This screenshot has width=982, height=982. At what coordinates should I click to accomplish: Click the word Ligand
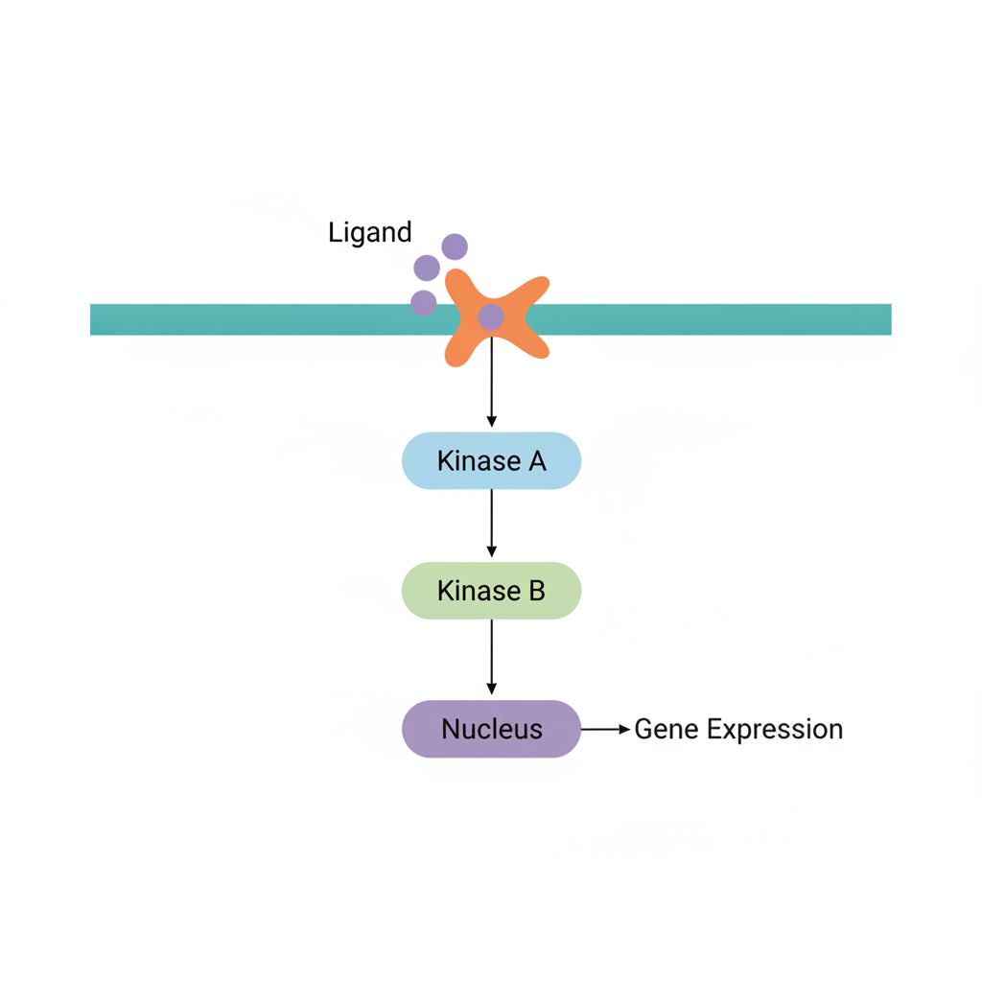pyautogui.click(x=369, y=233)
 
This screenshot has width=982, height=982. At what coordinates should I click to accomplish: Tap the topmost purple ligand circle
pyautogui.click(x=455, y=246)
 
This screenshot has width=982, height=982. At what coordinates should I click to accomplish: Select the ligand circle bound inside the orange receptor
pyautogui.click(x=491, y=317)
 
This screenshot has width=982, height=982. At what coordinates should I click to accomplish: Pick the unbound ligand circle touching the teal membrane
pyautogui.click(x=423, y=303)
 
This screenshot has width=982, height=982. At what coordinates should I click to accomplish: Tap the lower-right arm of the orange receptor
pyautogui.click(x=532, y=345)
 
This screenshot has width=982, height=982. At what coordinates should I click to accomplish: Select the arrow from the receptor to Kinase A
pyautogui.click(x=492, y=382)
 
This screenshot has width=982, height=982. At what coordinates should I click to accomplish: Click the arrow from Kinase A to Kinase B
pyautogui.click(x=492, y=523)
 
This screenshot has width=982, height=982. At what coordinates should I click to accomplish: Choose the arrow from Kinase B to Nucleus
pyautogui.click(x=492, y=657)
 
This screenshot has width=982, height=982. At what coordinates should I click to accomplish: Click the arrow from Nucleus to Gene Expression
pyautogui.click(x=606, y=729)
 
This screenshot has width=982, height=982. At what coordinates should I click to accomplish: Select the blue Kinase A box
pyautogui.click(x=492, y=461)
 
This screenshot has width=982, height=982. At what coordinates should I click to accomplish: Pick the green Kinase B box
pyautogui.click(x=492, y=591)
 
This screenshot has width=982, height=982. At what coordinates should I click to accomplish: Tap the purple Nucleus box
pyautogui.click(x=492, y=729)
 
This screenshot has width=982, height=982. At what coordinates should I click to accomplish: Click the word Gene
pyautogui.click(x=666, y=730)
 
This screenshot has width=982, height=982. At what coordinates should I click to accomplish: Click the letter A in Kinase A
pyautogui.click(x=537, y=461)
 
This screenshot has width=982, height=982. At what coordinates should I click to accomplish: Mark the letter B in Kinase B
pyautogui.click(x=537, y=591)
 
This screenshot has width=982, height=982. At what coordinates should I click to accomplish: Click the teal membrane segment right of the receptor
pyautogui.click(x=709, y=319)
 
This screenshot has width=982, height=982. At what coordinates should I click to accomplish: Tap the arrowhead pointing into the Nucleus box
pyautogui.click(x=492, y=689)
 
